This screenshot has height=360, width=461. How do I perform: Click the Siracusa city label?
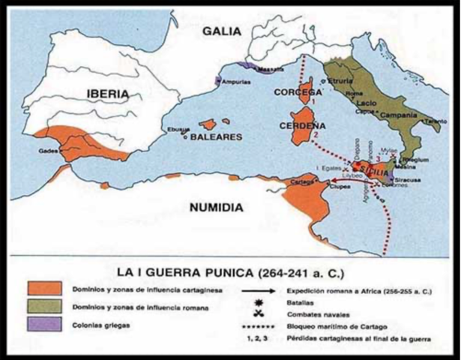point(408,180)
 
